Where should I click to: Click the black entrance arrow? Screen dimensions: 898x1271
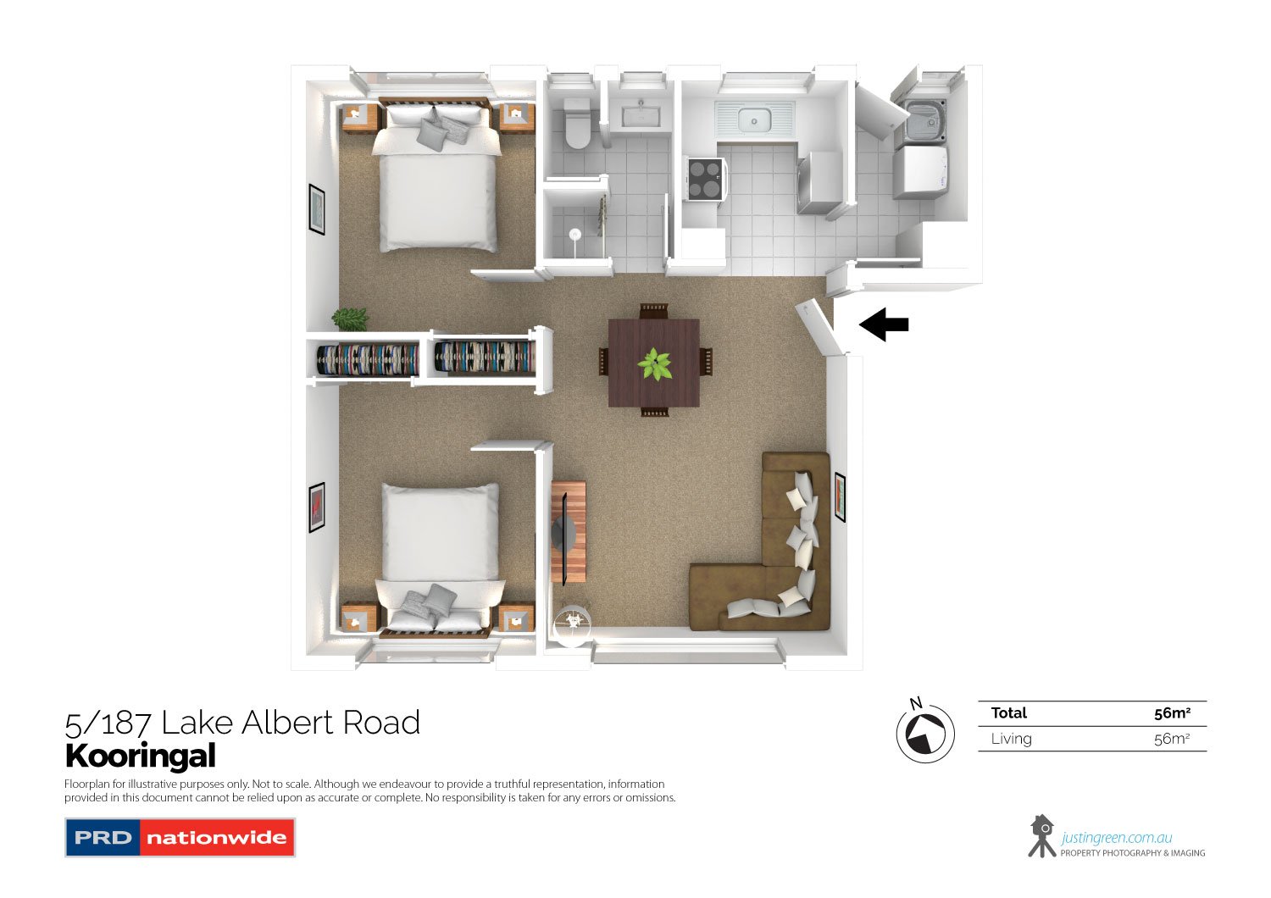point(885,324)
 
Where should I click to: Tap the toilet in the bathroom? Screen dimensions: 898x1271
point(577,125)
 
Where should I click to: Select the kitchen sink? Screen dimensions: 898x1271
point(753,120)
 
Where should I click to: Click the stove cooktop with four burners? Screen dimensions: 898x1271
point(705,179)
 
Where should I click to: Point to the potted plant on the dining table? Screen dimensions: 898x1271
point(654,364)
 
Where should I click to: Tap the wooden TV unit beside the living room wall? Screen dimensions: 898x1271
point(569,532)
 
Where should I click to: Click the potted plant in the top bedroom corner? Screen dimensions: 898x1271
point(350,319)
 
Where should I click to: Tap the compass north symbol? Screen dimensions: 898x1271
point(925,734)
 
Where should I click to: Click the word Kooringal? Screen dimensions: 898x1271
point(141,756)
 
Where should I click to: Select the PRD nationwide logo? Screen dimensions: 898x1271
point(180,838)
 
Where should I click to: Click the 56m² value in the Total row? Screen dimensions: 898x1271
point(1172,713)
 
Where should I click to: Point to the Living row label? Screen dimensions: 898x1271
point(1012,739)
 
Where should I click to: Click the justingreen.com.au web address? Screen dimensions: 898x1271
point(1117,838)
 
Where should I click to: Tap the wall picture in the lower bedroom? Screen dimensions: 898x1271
point(317,507)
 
